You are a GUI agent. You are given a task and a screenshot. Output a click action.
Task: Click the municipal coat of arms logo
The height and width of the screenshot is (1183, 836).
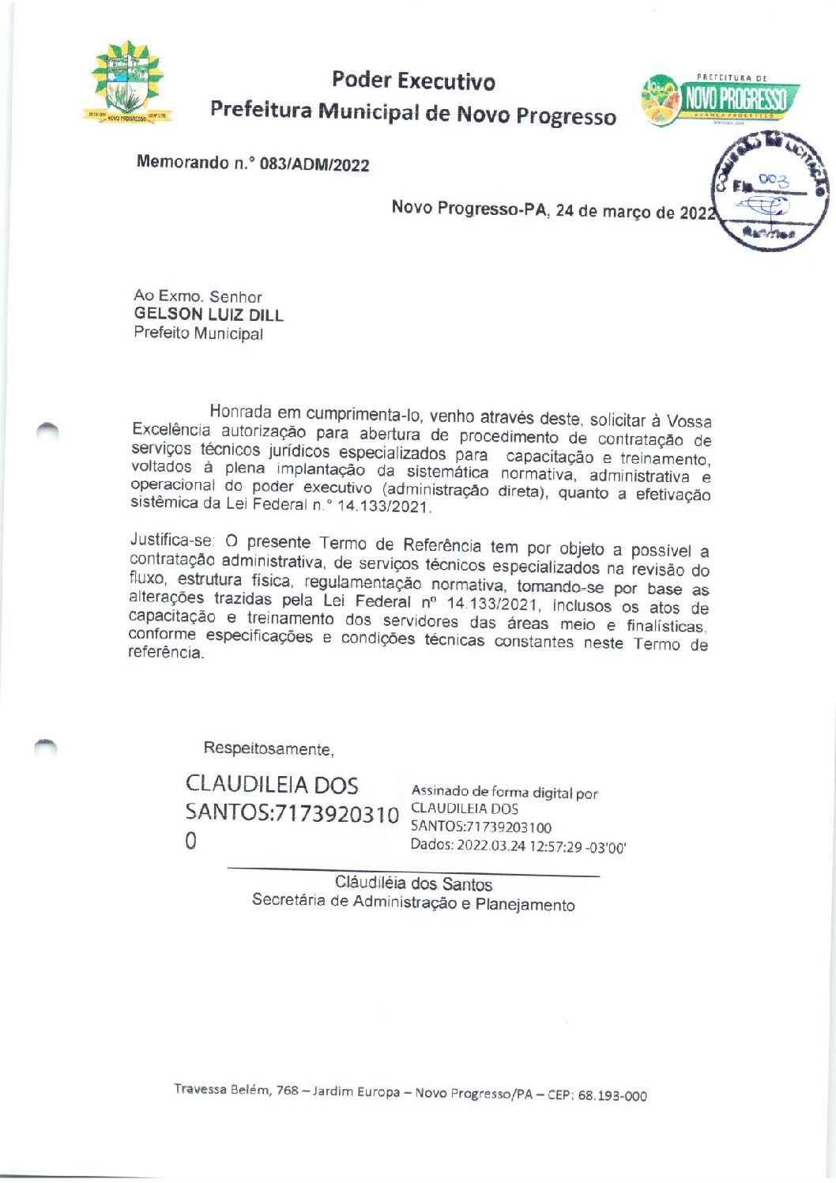point(126,82)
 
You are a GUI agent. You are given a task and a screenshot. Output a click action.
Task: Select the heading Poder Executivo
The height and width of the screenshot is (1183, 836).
point(413,81)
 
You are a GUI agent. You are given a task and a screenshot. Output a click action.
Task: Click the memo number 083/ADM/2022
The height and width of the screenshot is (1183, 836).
point(314,165)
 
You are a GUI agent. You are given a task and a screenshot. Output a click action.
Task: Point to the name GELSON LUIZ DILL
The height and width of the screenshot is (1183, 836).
point(209,315)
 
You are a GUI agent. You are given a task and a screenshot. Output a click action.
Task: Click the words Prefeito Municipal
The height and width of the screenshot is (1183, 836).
point(198,333)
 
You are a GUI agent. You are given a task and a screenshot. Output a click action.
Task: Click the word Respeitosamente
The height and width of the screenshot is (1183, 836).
point(269,748)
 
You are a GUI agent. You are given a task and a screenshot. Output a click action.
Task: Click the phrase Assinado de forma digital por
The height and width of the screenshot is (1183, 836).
point(504,792)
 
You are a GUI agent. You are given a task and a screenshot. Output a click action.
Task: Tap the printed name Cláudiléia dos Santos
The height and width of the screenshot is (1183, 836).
point(413,883)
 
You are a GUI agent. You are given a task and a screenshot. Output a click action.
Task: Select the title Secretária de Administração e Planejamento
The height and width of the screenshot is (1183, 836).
point(413,902)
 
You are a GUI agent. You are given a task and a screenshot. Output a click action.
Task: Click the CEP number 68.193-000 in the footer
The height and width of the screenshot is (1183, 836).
point(612,1096)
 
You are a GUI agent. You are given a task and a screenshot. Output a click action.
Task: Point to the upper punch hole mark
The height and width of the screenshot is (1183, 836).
point(47,431)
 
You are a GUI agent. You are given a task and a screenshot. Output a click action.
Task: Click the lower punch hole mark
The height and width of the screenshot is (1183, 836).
point(47,745)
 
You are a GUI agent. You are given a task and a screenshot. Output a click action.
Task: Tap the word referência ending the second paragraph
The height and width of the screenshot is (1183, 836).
point(166,654)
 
